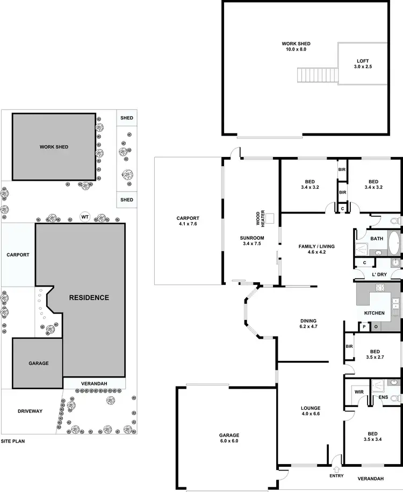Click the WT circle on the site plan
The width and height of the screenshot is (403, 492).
click(84, 216)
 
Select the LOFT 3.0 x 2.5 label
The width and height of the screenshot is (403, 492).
click(363, 64)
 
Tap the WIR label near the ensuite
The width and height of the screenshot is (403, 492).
click(358, 391)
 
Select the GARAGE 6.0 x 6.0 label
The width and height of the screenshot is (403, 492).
click(228, 438)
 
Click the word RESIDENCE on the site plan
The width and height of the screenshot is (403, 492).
click(89, 297)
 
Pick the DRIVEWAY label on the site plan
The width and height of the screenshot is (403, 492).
click(29, 411)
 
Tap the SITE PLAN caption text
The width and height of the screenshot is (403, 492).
click(13, 441)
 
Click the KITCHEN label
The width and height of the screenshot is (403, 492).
click(375, 313)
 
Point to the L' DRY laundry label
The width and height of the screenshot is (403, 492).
click(379, 275)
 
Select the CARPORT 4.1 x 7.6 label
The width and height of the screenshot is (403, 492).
click(188, 220)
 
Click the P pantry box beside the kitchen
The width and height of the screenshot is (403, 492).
click(363, 326)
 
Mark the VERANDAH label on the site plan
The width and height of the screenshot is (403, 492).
click(94, 383)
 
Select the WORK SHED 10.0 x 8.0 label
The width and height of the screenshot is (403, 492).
click(296, 46)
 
